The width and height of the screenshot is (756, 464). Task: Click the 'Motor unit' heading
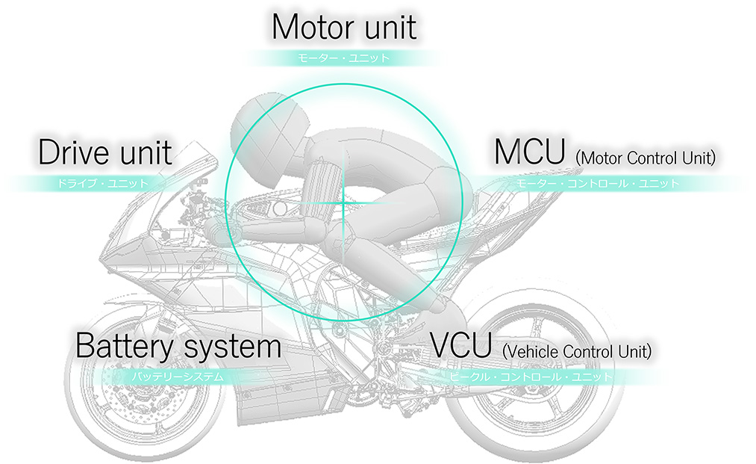click(344, 27)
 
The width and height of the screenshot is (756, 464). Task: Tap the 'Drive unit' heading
click(104, 152)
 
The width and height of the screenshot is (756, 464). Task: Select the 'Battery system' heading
click(178, 347)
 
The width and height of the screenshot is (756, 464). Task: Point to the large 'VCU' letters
click(462, 345)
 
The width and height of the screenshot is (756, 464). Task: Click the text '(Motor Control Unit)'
click(646, 158)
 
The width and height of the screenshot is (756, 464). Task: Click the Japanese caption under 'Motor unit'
click(344, 58)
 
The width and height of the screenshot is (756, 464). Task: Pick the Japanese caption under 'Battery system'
click(178, 377)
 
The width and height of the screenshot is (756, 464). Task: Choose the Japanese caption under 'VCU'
click(531, 377)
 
